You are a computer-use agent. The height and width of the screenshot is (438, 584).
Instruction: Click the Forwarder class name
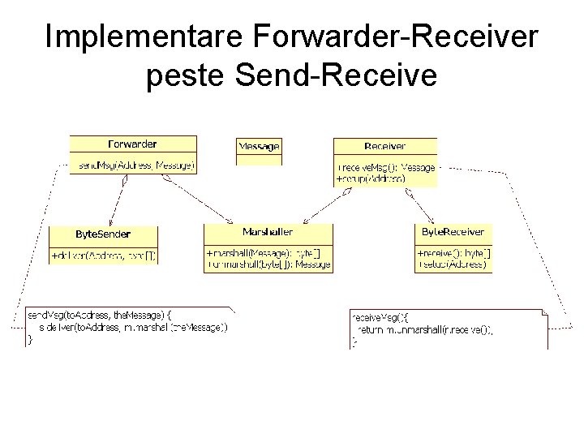[x=132, y=144]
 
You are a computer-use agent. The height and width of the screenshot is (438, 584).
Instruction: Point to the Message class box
[x=259, y=147]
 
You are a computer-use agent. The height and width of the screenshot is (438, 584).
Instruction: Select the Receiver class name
[x=385, y=146]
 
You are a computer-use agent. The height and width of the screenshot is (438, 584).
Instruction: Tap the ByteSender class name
[x=103, y=234]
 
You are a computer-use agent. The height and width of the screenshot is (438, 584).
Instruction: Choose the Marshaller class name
[x=268, y=232]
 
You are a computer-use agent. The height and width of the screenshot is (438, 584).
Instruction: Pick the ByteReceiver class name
[x=453, y=232]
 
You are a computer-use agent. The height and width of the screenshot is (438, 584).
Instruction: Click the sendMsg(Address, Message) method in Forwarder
[x=135, y=165]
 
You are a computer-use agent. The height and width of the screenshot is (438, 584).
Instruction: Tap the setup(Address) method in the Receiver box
[x=371, y=178]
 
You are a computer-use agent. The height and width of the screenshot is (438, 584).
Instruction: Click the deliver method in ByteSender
[x=103, y=255]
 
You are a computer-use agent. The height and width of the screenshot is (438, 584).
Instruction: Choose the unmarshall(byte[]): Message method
[x=268, y=264]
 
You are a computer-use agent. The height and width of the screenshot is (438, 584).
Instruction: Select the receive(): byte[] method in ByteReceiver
[x=453, y=253]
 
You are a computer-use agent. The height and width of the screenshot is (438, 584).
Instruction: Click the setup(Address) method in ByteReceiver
[x=452, y=264]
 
